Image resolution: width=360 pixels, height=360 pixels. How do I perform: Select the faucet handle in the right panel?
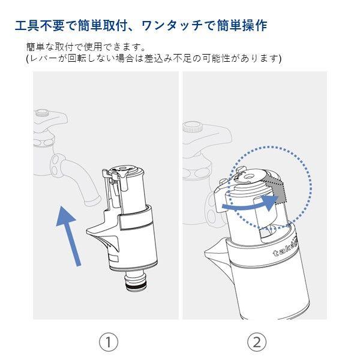pos(191,127)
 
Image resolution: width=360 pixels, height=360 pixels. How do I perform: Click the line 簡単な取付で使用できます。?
pos(86,46)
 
